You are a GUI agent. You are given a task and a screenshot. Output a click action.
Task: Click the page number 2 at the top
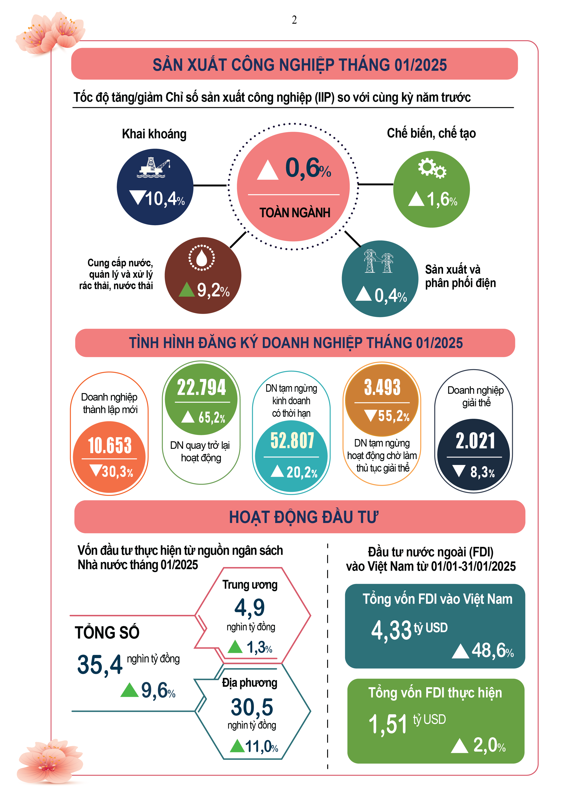coord(294,20)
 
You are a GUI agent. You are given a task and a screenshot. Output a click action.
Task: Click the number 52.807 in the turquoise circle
coord(292,440)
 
